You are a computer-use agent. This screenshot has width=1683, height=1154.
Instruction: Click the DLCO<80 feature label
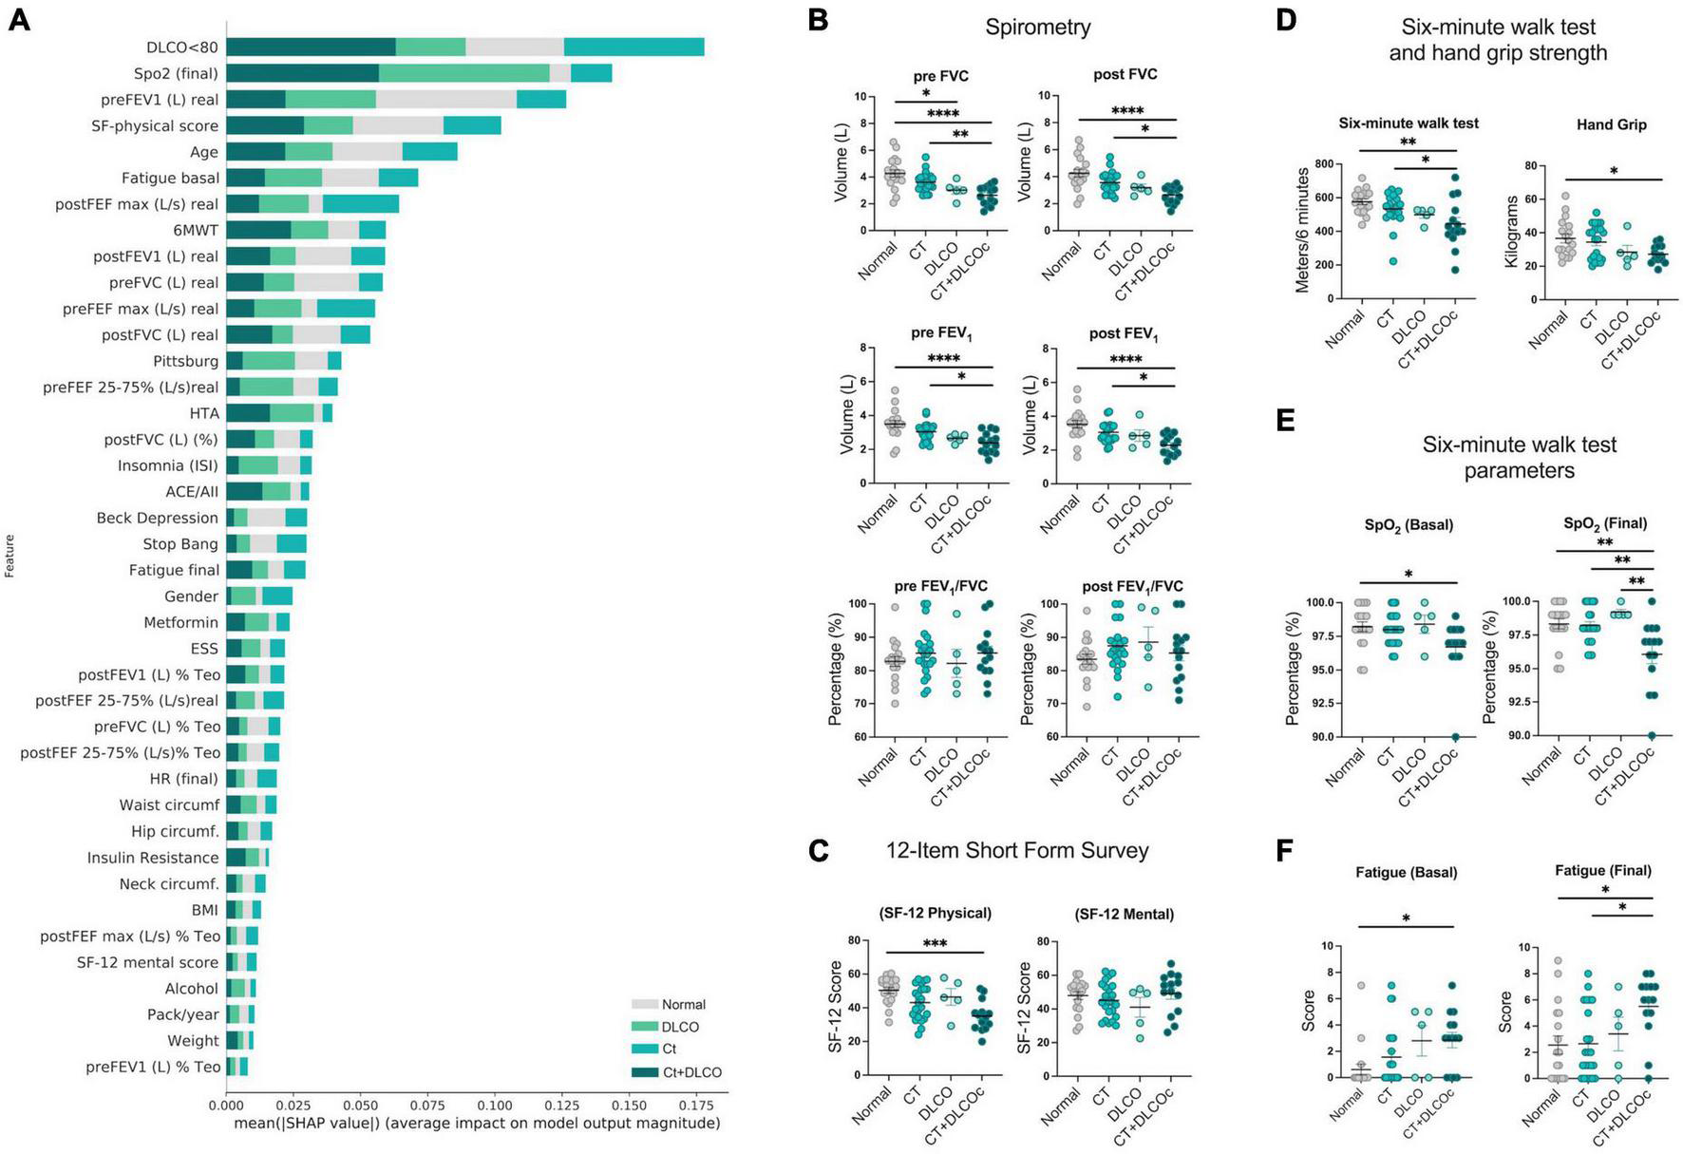pyautogui.click(x=181, y=47)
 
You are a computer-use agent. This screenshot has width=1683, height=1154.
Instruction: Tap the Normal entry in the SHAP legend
pyautogui.click(x=683, y=1005)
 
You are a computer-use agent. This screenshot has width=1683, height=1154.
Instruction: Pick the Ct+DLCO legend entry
pyautogui.click(x=690, y=1073)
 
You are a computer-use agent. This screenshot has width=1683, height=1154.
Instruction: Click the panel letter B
pyautogui.click(x=818, y=21)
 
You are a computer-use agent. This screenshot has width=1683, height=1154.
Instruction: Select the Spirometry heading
pyautogui.click(x=1037, y=27)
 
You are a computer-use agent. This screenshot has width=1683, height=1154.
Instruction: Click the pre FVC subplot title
pyautogui.click(x=939, y=76)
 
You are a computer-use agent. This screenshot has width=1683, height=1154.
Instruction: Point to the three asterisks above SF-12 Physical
pyautogui.click(x=935, y=944)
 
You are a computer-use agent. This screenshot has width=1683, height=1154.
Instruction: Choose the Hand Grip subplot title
pyautogui.click(x=1611, y=124)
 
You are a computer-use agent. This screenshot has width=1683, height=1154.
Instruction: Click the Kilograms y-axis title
pyautogui.click(x=1511, y=232)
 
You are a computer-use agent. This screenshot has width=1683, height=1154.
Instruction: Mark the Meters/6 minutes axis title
pyautogui.click(x=1302, y=230)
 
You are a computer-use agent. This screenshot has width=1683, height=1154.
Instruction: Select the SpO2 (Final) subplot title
pyautogui.click(x=1605, y=524)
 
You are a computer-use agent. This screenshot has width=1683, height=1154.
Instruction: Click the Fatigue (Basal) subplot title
pyautogui.click(x=1406, y=872)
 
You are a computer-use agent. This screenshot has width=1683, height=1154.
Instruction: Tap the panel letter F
pyautogui.click(x=1284, y=850)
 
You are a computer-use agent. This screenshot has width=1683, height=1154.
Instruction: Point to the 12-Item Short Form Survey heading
pyautogui.click(x=1017, y=850)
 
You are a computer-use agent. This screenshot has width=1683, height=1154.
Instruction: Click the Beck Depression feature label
pyautogui.click(x=157, y=518)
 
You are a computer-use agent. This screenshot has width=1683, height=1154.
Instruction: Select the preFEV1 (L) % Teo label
pyautogui.click(x=153, y=1067)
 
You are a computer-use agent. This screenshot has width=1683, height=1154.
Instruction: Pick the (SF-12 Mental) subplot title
pyautogui.click(x=1124, y=915)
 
